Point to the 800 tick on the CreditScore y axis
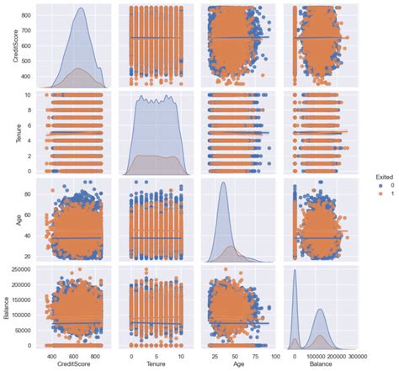pyautogui.click(x=34, y=16)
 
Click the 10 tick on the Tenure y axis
pyautogui.click(x=35, y=95)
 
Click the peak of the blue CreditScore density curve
pyautogui.click(x=81, y=9)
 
